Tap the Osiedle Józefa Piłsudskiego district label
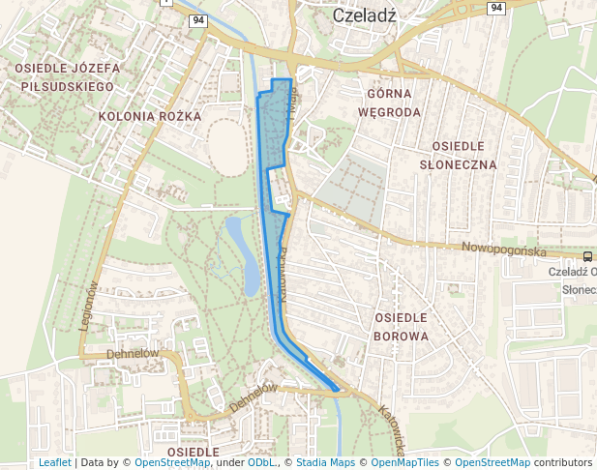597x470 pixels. [x=66, y=77]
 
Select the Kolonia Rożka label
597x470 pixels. [x=149, y=116]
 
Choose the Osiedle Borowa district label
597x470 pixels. [x=400, y=327]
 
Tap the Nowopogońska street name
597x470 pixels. [x=504, y=250]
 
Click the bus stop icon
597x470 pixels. [x=588, y=256]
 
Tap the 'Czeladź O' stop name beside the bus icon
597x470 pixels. [x=572, y=272]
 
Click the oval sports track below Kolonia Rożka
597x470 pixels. [x=227, y=147]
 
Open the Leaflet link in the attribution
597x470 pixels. [x=54, y=463]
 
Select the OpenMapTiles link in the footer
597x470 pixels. [x=414, y=463]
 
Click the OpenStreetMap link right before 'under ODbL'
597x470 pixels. [x=172, y=463]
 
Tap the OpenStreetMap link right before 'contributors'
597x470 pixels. [x=492, y=463]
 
